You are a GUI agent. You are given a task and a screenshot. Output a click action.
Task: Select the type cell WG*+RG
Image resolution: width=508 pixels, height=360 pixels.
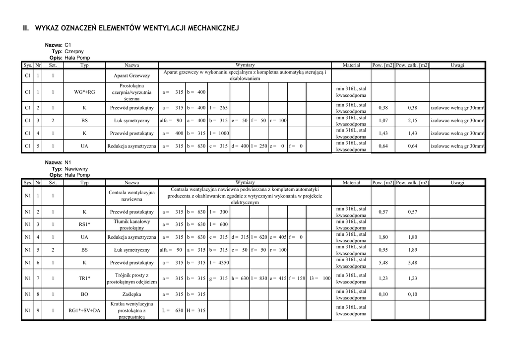(x=84, y=92)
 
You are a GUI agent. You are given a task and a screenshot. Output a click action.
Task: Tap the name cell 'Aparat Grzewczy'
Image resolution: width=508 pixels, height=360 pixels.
(x=131, y=75)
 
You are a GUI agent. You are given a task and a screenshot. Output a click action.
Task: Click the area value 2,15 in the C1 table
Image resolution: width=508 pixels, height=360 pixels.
(x=413, y=120)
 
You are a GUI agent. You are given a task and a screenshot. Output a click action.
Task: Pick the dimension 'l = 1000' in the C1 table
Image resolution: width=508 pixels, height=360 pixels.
(x=219, y=133)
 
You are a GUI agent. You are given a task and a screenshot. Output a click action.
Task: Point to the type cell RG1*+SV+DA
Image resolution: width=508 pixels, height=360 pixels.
(x=84, y=310)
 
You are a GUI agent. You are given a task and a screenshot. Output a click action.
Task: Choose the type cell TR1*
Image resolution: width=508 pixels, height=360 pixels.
(x=84, y=278)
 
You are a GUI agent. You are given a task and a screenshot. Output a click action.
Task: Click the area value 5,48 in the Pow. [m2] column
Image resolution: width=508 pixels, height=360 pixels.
(x=383, y=263)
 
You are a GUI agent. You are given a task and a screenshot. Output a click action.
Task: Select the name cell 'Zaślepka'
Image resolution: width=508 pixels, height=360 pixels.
(x=131, y=294)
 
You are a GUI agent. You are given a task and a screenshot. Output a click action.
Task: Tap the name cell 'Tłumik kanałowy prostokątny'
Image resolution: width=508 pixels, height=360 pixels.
(x=131, y=224)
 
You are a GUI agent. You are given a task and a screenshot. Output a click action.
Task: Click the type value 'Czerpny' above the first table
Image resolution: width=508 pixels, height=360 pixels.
(x=74, y=51)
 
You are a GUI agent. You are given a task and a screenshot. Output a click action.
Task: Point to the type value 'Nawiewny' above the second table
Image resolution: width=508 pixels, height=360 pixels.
(x=76, y=169)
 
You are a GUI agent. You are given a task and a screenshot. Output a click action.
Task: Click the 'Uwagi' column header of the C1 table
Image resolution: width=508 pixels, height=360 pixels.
(x=457, y=65)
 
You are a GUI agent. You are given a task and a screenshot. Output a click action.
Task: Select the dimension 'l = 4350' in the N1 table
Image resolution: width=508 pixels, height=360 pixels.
(x=219, y=263)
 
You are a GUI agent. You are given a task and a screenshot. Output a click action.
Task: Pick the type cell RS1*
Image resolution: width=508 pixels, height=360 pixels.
(x=84, y=224)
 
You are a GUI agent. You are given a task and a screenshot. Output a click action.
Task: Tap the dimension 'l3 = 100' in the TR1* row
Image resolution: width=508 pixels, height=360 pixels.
(x=319, y=278)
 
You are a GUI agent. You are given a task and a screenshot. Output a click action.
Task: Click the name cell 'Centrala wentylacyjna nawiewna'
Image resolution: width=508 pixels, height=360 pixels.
(x=131, y=196)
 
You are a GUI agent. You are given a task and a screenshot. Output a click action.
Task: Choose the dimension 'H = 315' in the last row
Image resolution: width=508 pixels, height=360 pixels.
(x=196, y=310)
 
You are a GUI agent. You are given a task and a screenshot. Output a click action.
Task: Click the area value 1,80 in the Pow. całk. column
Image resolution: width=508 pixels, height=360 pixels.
(x=413, y=237)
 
